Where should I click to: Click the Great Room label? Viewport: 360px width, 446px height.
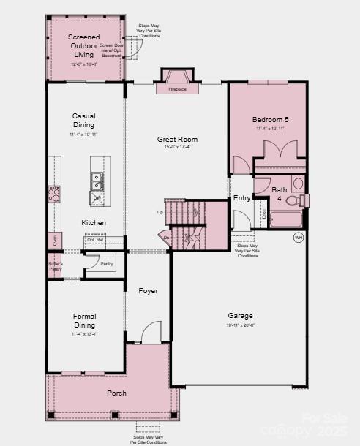177,139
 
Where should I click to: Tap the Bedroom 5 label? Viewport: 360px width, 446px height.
270,119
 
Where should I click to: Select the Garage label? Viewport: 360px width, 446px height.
240,316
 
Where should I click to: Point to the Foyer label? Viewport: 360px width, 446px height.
149,291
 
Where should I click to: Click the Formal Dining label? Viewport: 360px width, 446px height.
84,320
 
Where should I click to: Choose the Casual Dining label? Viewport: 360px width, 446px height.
83,121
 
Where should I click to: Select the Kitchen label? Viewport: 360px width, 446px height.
94,222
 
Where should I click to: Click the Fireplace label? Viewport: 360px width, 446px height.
177,89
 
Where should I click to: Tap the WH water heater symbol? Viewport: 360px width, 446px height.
298,237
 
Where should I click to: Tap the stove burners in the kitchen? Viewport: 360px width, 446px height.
54,193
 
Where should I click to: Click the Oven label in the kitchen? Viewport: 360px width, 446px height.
53,239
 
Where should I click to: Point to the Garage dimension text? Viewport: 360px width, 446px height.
240,325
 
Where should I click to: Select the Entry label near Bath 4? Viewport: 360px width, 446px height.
241,198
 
